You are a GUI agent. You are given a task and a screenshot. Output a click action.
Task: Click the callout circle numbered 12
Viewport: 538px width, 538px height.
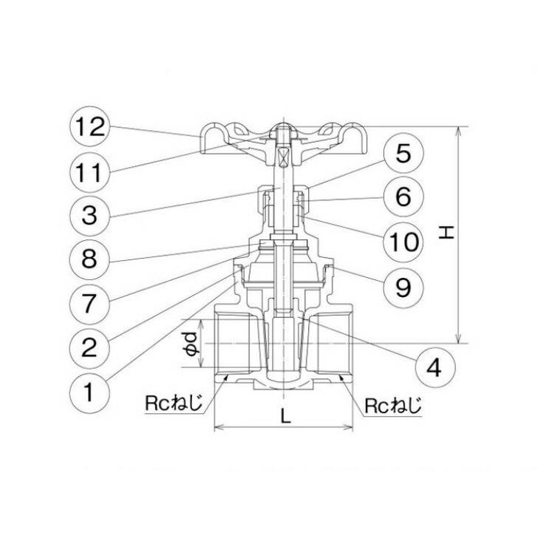(x=89, y=126)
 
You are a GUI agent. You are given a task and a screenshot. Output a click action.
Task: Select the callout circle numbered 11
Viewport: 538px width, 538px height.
(x=89, y=171)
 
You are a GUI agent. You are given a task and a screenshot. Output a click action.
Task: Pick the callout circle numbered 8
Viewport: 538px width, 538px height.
(x=89, y=259)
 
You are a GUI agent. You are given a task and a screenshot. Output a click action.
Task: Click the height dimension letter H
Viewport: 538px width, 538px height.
(x=446, y=234)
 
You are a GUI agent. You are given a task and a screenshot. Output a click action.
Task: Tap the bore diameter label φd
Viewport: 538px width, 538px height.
(x=190, y=345)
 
